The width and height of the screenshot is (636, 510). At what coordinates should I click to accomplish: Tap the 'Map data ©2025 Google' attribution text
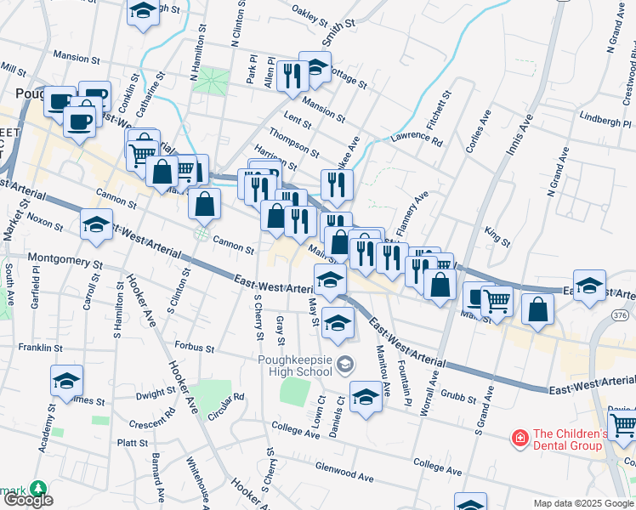pyautogui.click(x=583, y=503)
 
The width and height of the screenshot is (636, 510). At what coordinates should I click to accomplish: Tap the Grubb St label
pyautogui.click(x=459, y=394)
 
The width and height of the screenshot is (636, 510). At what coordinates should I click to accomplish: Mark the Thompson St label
pyautogui.click(x=293, y=142)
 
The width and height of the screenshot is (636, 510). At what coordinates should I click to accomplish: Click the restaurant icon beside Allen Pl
pyautogui.click(x=292, y=75)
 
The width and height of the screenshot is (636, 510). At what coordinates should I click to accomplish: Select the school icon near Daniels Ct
pyautogui.click(x=366, y=398)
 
